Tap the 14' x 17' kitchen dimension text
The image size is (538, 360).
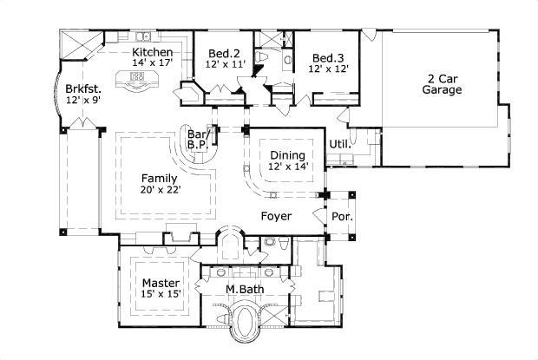152,63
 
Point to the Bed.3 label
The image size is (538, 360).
329,57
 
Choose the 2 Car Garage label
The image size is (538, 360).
442,82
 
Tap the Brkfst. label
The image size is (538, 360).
84,88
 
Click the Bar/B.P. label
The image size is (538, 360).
197,139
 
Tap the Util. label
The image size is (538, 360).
338,143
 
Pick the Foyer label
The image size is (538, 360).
276,215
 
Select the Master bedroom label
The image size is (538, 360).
161,284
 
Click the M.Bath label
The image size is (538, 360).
244,289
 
